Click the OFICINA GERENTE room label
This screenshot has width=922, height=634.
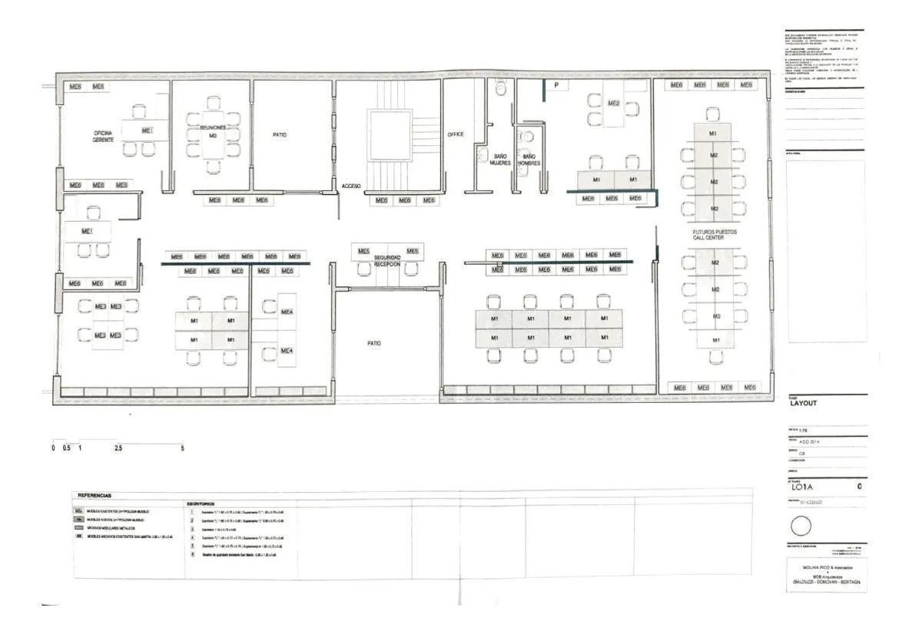(x=104, y=137)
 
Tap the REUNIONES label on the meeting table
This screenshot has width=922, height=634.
(x=213, y=127)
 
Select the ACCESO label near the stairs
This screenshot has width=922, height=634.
(x=351, y=186)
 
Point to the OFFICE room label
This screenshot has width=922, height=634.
(x=456, y=134)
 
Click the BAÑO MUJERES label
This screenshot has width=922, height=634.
(x=500, y=160)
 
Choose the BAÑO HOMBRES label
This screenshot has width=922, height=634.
(x=529, y=160)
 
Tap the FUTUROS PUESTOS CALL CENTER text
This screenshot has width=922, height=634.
(x=708, y=233)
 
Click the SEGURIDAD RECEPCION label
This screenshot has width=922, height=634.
(x=387, y=261)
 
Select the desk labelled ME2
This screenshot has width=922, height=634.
(x=613, y=103)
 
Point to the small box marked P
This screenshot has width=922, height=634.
(x=556, y=85)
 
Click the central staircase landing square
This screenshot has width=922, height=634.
(x=390, y=134)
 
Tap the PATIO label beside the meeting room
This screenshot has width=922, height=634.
(x=280, y=134)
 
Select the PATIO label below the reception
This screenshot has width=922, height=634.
(x=373, y=343)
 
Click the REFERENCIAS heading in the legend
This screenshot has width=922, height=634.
(x=95, y=496)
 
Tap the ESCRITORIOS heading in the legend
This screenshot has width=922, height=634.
(x=201, y=504)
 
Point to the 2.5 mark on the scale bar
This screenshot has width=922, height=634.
(x=118, y=447)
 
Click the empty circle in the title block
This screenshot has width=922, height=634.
(x=801, y=527)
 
